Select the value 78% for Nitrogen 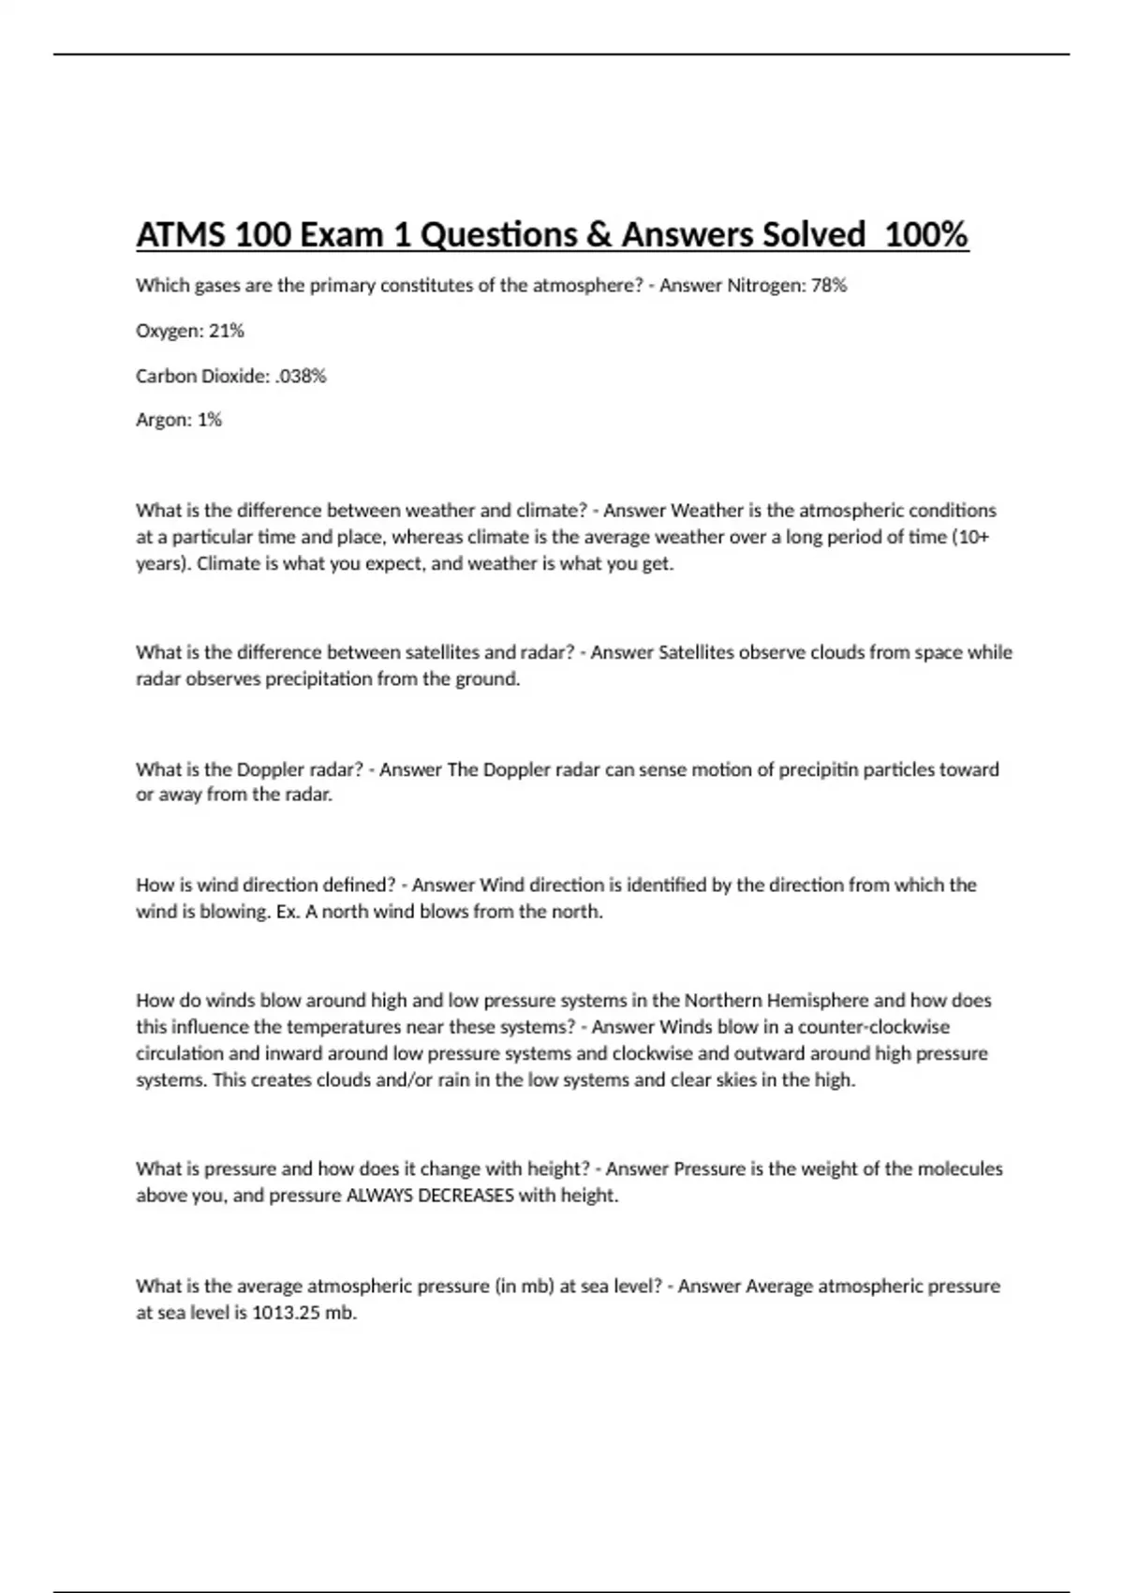pyautogui.click(x=828, y=286)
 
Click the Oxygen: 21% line pyautogui.click(x=189, y=331)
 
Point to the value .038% pyautogui.click(x=301, y=376)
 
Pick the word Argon pyautogui.click(x=162, y=421)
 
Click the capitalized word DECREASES pyautogui.click(x=467, y=1196)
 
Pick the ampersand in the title pyautogui.click(x=599, y=234)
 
